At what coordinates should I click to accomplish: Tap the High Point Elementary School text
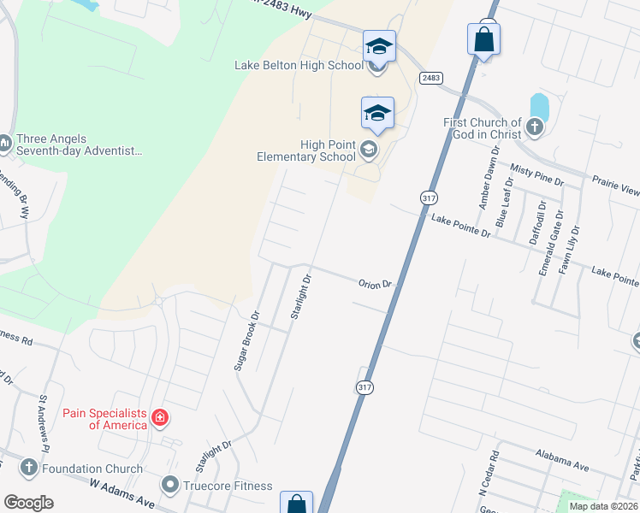tap(306, 150)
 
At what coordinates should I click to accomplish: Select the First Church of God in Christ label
tap(482, 128)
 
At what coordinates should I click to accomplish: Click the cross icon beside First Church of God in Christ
tap(535, 128)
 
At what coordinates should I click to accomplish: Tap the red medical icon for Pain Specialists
tap(159, 418)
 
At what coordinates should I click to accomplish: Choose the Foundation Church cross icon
tap(28, 468)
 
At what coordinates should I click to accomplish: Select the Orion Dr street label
tap(374, 284)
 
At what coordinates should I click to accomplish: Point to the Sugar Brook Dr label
tap(246, 340)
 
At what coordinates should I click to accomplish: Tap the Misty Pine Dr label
tap(536, 177)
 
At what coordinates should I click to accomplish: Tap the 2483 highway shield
tap(430, 78)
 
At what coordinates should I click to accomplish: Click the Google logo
tap(28, 503)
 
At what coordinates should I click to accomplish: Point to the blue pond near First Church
tap(539, 106)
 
